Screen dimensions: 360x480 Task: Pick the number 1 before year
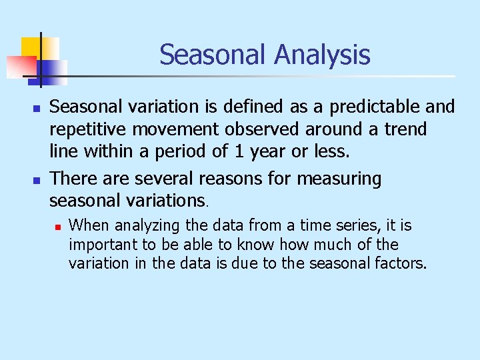241,152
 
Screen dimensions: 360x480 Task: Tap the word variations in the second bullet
160,200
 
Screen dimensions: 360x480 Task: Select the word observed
275,128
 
